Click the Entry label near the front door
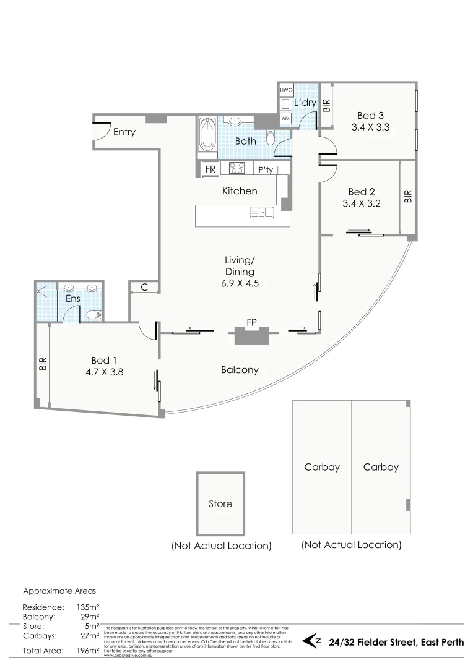124,132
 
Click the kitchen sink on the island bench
263,213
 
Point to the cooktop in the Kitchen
236,169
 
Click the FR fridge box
210,169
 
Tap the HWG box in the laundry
286,90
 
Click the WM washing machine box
285,118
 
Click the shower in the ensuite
46,301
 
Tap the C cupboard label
144,287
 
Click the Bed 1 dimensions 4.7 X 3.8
104,372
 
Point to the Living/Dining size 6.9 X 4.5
240,283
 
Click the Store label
220,503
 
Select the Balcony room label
240,370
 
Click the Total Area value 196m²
85,651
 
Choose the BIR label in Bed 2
407,197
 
